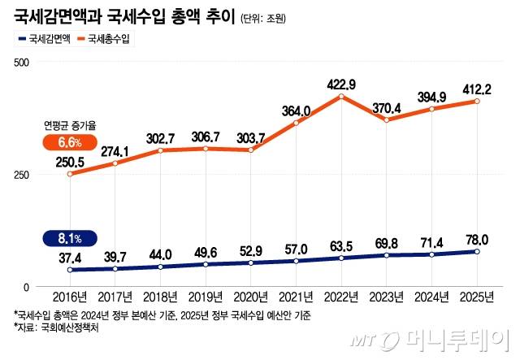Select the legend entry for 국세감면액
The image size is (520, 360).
(43, 38)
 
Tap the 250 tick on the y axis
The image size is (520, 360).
(22, 175)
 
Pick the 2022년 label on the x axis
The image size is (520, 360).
(341, 297)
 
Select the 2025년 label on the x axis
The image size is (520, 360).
(477, 297)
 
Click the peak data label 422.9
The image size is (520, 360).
(340, 83)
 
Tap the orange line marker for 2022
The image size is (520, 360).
(341, 97)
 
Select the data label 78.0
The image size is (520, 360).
(477, 238)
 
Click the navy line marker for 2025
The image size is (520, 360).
(477, 252)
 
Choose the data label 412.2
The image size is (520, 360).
(477, 87)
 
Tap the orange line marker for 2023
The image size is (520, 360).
(386, 120)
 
